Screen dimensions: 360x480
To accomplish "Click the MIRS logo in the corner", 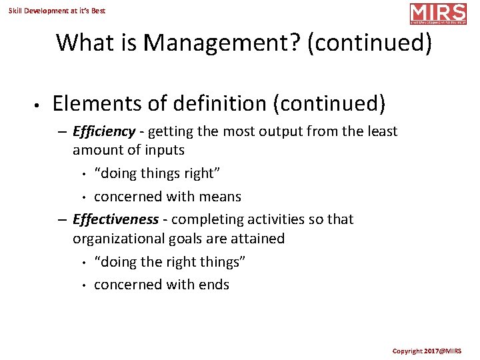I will [438, 14].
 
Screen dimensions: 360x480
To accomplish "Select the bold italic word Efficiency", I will [104, 131].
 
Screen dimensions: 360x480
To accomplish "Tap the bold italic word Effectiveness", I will [115, 219].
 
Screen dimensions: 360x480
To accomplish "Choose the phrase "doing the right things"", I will [170, 262].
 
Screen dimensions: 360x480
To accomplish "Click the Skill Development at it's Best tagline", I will [57, 11].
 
